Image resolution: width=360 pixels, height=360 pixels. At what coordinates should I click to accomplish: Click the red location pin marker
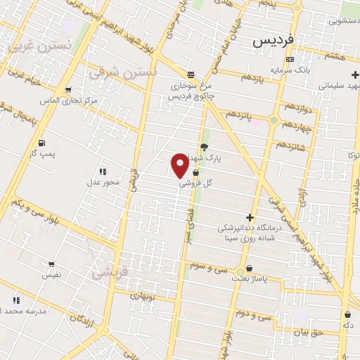point(180,165)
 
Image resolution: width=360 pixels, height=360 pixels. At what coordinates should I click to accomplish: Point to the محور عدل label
point(103,182)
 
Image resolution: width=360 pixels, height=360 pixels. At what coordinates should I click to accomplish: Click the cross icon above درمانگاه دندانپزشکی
point(250,218)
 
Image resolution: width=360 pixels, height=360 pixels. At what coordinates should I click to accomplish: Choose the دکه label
point(347,326)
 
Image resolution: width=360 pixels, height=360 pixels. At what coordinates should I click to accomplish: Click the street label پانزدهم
point(240,115)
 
